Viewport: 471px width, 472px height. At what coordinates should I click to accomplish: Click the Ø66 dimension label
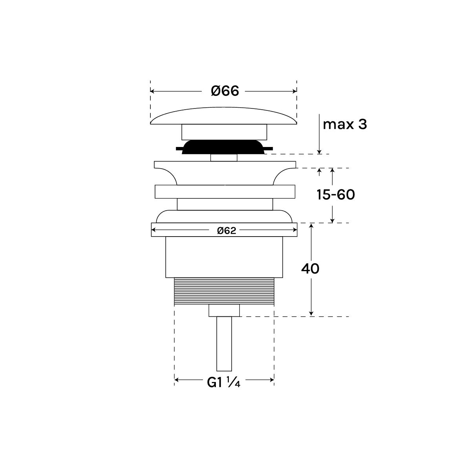(x=225, y=91)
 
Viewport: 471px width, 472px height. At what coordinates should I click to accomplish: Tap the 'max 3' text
(x=345, y=125)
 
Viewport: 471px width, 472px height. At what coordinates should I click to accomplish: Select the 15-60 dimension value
(x=336, y=195)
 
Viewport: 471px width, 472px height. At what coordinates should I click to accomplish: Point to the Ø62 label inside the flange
(x=226, y=230)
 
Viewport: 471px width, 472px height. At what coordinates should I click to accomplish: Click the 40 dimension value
(x=310, y=269)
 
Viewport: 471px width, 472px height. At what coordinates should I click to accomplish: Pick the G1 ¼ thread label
(x=223, y=383)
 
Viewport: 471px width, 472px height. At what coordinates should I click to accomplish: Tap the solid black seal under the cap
(x=224, y=147)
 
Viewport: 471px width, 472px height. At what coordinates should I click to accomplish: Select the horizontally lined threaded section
(x=224, y=291)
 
